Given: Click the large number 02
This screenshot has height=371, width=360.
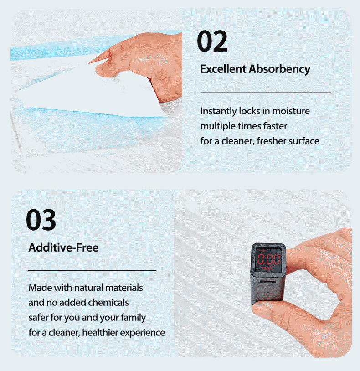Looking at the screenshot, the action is pos(212,41).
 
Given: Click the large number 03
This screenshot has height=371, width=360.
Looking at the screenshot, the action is pos(41,220).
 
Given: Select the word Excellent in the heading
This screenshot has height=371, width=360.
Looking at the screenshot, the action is pos(223,69).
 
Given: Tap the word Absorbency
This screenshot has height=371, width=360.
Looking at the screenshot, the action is pos(280,70).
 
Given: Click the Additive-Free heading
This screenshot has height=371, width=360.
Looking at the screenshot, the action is pos(63,248).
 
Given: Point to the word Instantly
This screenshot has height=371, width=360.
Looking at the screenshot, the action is pos(218,111).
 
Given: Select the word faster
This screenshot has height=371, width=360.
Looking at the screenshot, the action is pos(275,126).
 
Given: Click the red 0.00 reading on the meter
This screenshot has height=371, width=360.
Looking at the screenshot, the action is pos(269,259).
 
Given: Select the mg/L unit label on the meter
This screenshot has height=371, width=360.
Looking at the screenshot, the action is pos(268,268).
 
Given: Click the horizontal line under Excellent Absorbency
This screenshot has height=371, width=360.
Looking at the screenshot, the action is pos(265,93).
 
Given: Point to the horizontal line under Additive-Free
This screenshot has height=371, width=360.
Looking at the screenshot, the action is pos(92,270).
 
